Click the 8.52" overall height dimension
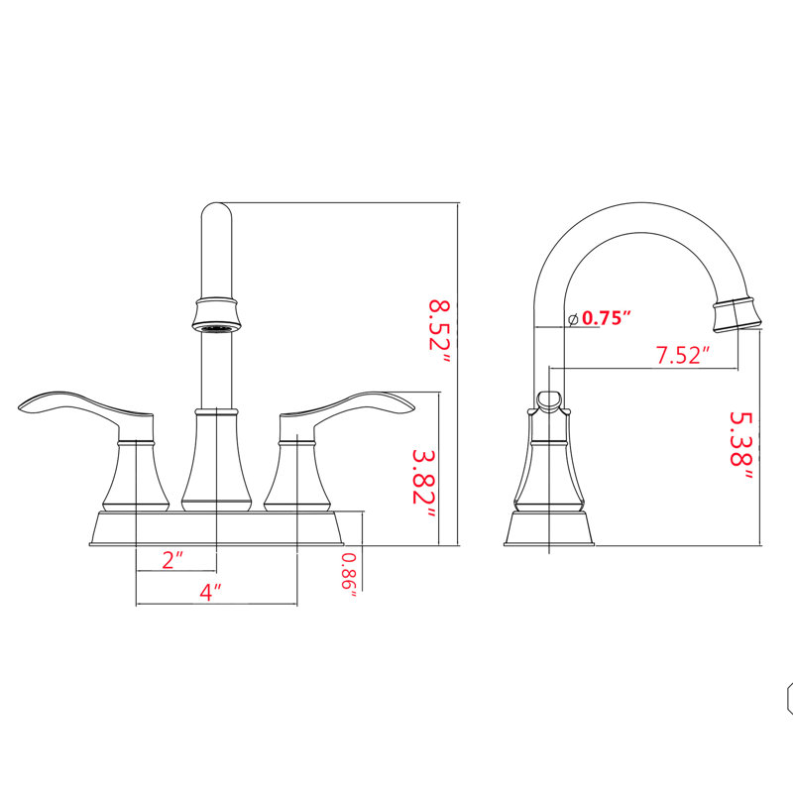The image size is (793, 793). (x=439, y=333)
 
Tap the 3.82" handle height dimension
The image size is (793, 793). (x=424, y=483)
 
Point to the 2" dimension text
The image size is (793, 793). (x=172, y=559)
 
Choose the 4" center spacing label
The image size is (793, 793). (x=210, y=592)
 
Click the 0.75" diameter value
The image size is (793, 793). (x=607, y=317)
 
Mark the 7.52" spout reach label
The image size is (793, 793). (x=683, y=355)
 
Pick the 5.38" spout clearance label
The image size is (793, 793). (x=741, y=445)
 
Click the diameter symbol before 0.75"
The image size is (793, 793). (x=573, y=319)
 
